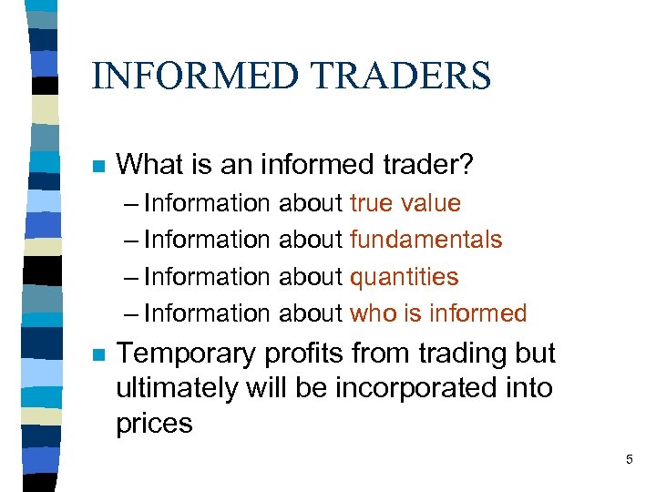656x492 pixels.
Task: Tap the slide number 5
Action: pos(629,460)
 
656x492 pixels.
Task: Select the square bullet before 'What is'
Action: pos(98,167)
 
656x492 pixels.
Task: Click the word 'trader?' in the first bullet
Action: pos(427,165)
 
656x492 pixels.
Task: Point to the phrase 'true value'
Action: pos(405,202)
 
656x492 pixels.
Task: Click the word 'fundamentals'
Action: pos(425,240)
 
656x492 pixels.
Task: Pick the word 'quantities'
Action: pos(404,276)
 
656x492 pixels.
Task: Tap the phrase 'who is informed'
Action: pos(438,313)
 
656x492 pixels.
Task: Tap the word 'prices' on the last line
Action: pos(154,424)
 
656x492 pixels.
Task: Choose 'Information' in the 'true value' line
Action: pos(207,202)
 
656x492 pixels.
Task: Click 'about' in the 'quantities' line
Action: pos(310,276)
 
